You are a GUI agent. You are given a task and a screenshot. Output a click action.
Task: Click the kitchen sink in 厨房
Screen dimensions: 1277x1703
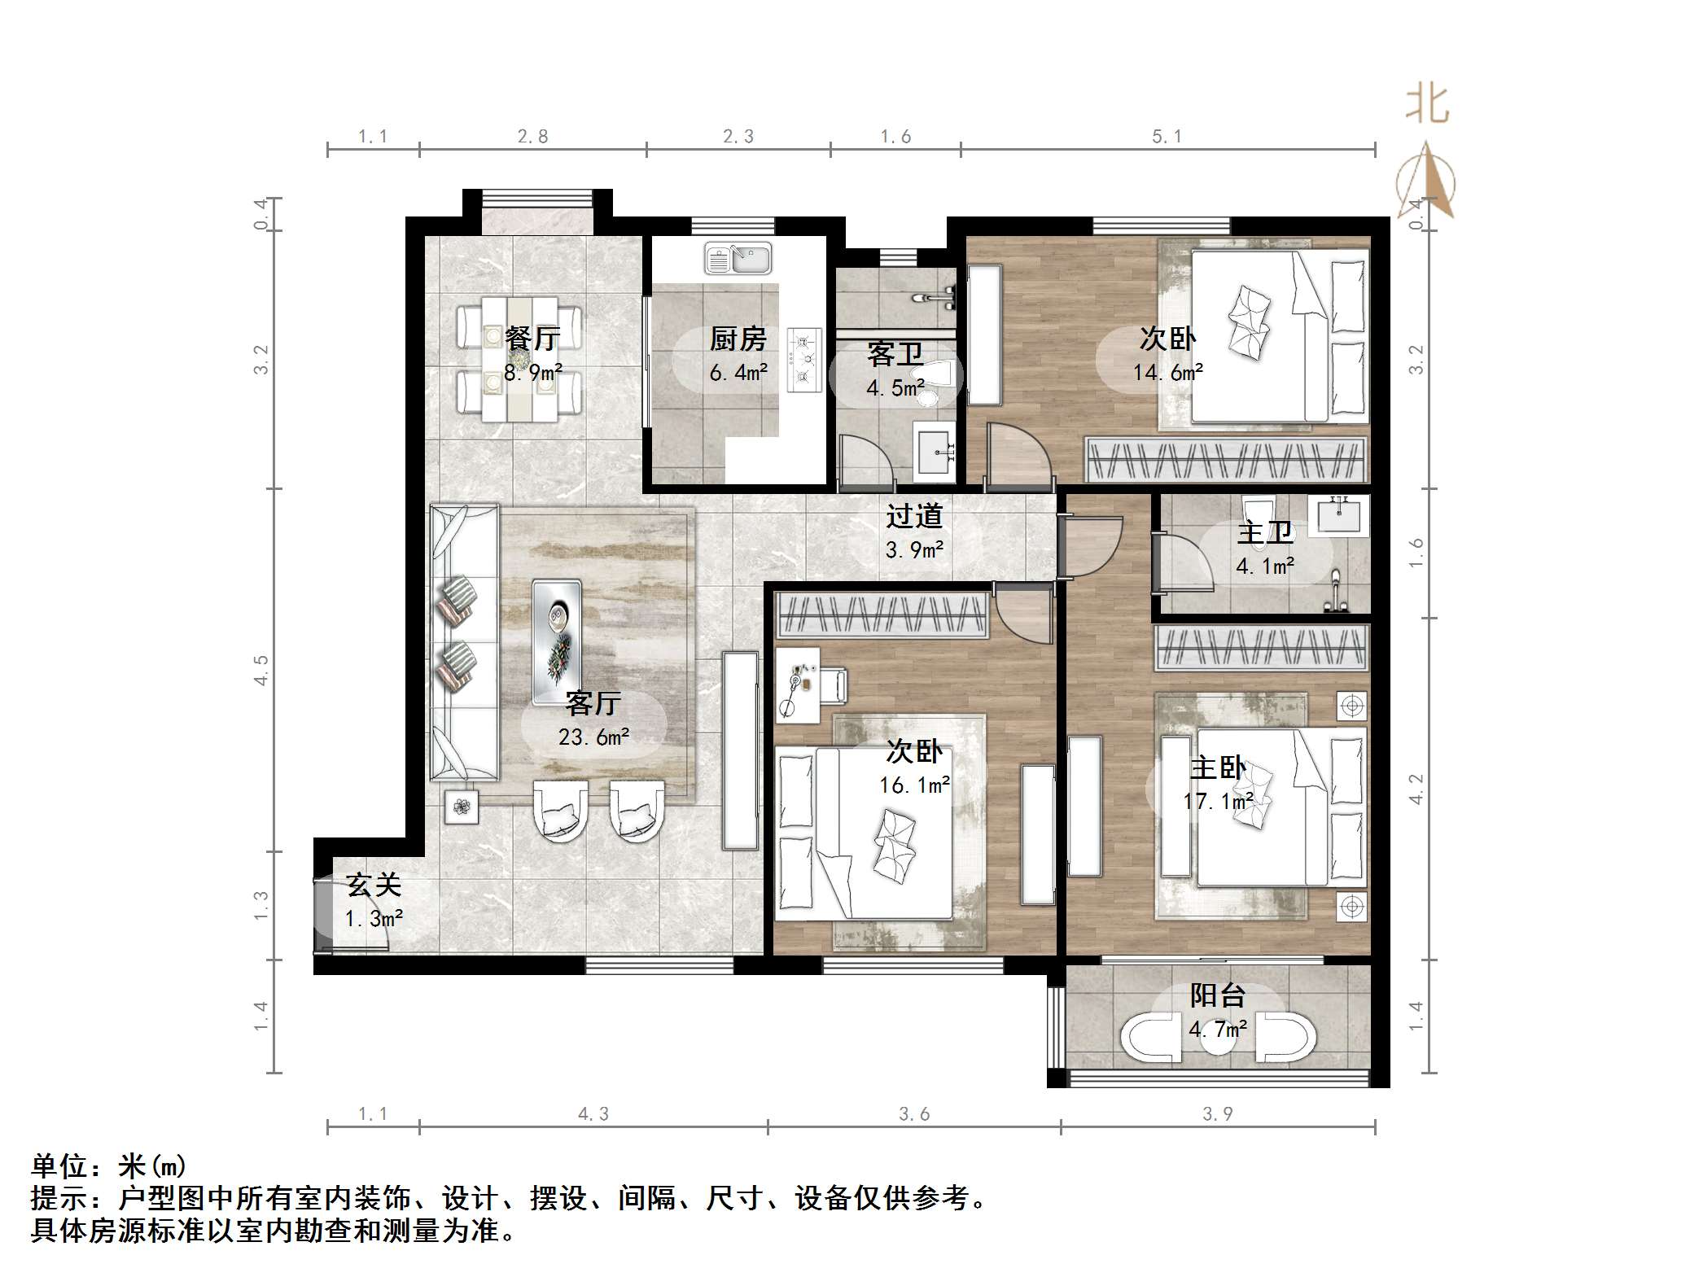[x=738, y=260]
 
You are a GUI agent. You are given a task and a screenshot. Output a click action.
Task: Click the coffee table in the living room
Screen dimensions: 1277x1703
[x=557, y=641]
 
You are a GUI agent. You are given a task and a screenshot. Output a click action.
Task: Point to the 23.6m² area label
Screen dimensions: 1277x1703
[x=593, y=737]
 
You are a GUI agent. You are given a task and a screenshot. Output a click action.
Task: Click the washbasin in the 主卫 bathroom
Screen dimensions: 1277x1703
[x=1337, y=515]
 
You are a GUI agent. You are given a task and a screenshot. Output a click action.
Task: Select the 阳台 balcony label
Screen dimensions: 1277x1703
[x=1217, y=995]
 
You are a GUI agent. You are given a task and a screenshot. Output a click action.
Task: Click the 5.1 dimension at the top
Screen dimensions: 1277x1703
[x=1167, y=137]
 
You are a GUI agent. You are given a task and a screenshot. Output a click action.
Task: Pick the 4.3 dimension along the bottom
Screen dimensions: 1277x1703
[x=593, y=1114]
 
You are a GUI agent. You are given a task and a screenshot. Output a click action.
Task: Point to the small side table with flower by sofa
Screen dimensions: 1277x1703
[x=462, y=807]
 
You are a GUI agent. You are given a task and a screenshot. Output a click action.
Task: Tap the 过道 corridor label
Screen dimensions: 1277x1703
[x=914, y=516]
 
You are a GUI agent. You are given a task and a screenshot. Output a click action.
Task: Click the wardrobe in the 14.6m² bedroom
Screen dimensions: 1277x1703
[x=1225, y=461]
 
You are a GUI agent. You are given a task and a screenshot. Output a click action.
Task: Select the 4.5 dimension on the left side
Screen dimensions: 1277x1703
[x=260, y=670]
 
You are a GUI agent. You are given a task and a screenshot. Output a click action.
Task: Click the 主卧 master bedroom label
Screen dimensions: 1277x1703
[x=1217, y=768]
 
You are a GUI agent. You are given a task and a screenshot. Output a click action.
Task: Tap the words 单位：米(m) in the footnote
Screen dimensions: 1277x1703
[x=108, y=1166]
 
